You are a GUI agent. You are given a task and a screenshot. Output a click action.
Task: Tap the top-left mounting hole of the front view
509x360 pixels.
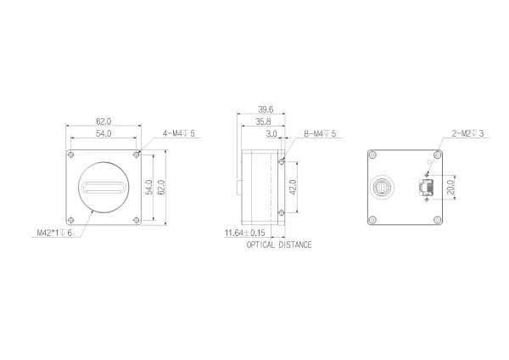pos(71,156)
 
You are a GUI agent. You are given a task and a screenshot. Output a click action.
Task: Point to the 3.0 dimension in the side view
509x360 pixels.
pos(271,134)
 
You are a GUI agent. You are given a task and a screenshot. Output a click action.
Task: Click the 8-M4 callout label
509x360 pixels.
pos(319,134)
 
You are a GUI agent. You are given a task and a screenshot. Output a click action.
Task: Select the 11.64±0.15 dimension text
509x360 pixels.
pos(244,233)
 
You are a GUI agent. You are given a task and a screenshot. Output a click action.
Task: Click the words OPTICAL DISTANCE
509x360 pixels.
pos(279,245)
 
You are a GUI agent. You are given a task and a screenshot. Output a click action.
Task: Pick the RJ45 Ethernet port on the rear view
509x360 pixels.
pos(423,187)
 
